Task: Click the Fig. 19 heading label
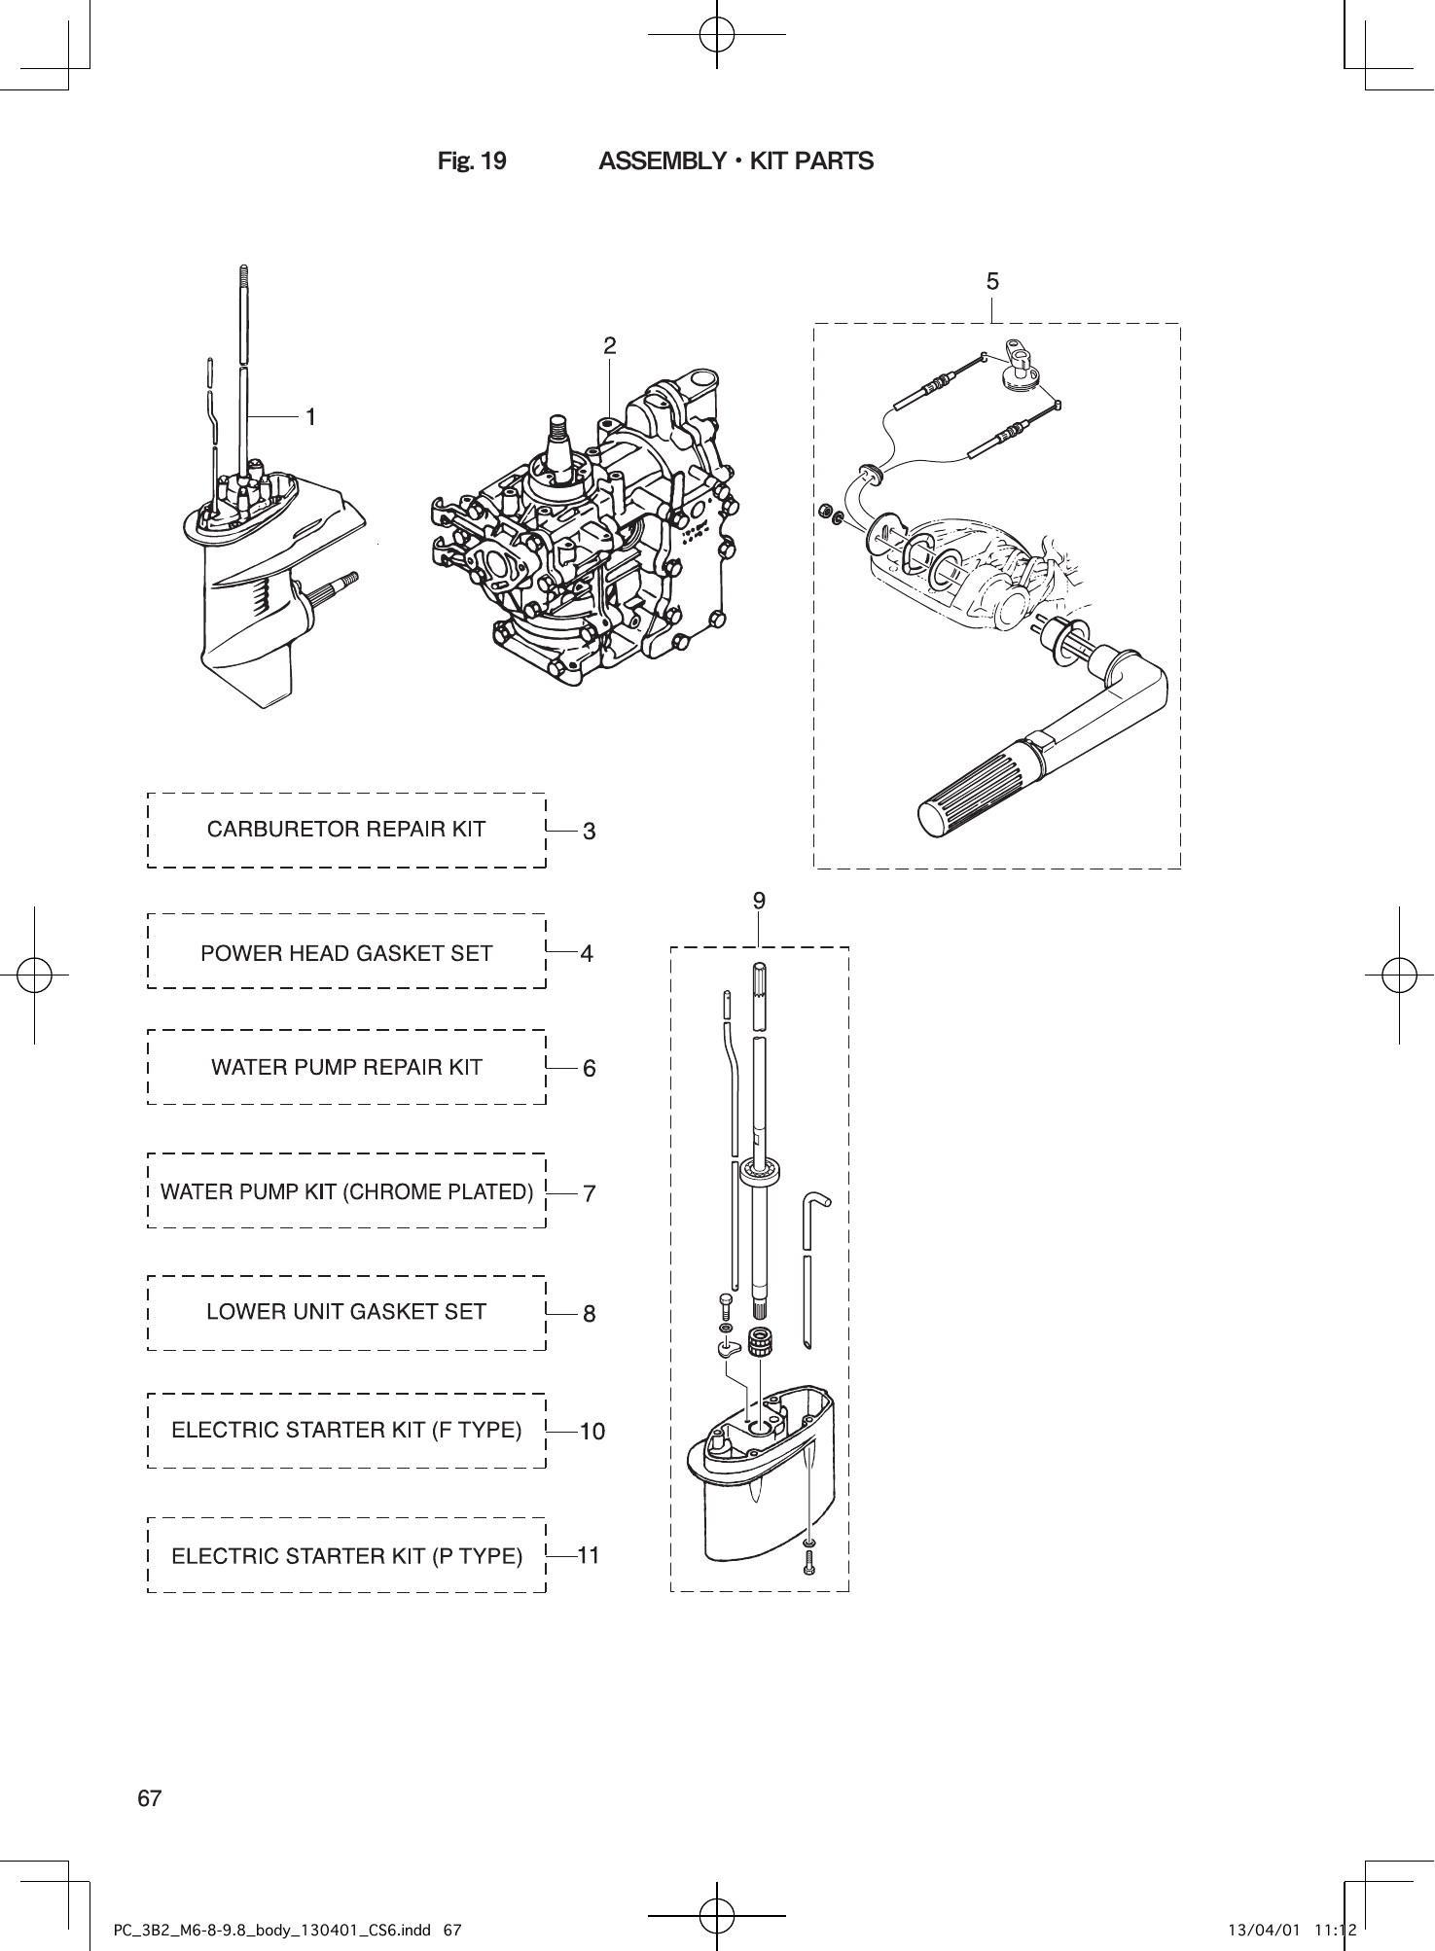pos(472,161)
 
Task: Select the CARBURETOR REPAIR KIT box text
pos(346,830)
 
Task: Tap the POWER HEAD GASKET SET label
pos(346,953)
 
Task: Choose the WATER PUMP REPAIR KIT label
pos(346,1068)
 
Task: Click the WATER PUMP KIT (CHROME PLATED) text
pos(346,1191)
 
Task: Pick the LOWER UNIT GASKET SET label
pos(346,1312)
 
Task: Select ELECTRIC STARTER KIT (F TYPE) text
pos(346,1431)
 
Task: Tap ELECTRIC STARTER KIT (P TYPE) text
pos(346,1556)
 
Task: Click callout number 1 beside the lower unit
pos(310,417)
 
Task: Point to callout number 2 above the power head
pos(609,345)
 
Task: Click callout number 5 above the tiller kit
pos(992,282)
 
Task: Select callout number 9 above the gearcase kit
pos(759,902)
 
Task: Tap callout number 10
pos(592,1432)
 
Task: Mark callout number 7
pos(589,1193)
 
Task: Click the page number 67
pos(149,1798)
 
